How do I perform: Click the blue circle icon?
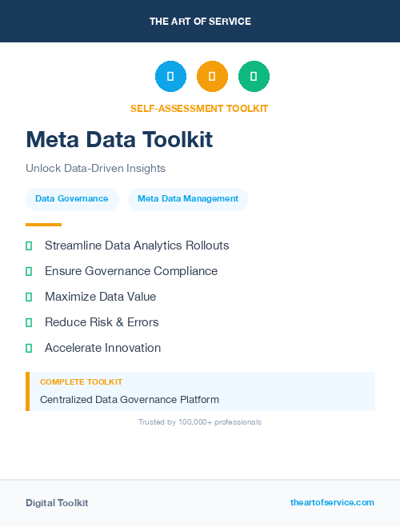pyautogui.click(x=170, y=76)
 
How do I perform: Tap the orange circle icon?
pyautogui.click(x=212, y=76)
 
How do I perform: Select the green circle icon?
pyautogui.click(x=254, y=76)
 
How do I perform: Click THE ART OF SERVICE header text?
pyautogui.click(x=200, y=21)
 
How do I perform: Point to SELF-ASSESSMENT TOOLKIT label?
pyautogui.click(x=199, y=108)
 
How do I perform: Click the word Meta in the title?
pyautogui.click(x=54, y=140)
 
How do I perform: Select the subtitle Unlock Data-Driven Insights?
pyautogui.click(x=95, y=168)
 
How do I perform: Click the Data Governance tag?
pyautogui.click(x=72, y=198)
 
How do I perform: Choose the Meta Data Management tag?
pyautogui.click(x=188, y=198)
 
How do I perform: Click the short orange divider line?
pyautogui.click(x=43, y=225)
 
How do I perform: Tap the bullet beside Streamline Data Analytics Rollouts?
pyautogui.click(x=29, y=246)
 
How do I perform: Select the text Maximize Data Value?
pyautogui.click(x=100, y=297)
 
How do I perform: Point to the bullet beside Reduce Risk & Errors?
pyautogui.click(x=29, y=322)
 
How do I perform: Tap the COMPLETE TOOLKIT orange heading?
pyautogui.click(x=81, y=382)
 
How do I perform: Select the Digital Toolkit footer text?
pyautogui.click(x=57, y=502)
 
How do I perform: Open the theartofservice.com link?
pyautogui.click(x=332, y=502)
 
